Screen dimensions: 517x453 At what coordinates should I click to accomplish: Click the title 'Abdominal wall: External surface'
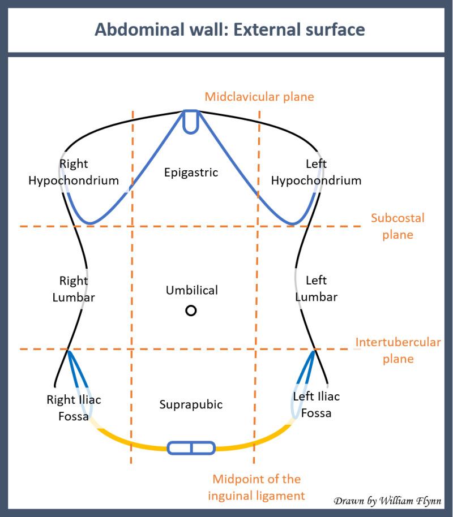tap(229, 29)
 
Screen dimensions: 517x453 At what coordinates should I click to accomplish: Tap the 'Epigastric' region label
tap(191, 173)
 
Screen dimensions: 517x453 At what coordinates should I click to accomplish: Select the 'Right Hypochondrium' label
tap(74, 173)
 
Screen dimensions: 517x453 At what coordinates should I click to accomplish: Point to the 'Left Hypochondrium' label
tap(316, 173)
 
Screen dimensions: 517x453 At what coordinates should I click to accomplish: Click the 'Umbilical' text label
tap(191, 290)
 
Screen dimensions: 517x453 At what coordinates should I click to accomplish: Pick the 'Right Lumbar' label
tap(74, 288)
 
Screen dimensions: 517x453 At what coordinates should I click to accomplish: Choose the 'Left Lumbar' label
tap(316, 288)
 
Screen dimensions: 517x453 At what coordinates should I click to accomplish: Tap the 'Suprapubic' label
tap(191, 404)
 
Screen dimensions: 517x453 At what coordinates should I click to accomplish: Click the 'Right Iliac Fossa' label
tap(74, 408)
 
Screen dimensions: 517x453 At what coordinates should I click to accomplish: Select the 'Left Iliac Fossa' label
tap(316, 404)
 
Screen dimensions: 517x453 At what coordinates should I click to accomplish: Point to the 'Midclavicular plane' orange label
tap(259, 97)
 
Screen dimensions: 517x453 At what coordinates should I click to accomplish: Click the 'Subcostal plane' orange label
tap(398, 226)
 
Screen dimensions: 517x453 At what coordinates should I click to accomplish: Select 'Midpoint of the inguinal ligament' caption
tap(257, 488)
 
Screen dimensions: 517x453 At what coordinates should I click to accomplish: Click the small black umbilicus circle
tap(191, 311)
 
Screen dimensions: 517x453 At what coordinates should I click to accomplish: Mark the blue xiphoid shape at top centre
tap(191, 121)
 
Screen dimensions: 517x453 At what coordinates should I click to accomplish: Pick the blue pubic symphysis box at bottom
tap(191, 448)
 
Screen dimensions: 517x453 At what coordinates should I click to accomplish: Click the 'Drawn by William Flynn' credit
tap(387, 501)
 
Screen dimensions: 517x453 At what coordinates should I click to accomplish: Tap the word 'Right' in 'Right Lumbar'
tap(74, 281)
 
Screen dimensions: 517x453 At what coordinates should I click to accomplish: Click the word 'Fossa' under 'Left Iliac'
tap(316, 413)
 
